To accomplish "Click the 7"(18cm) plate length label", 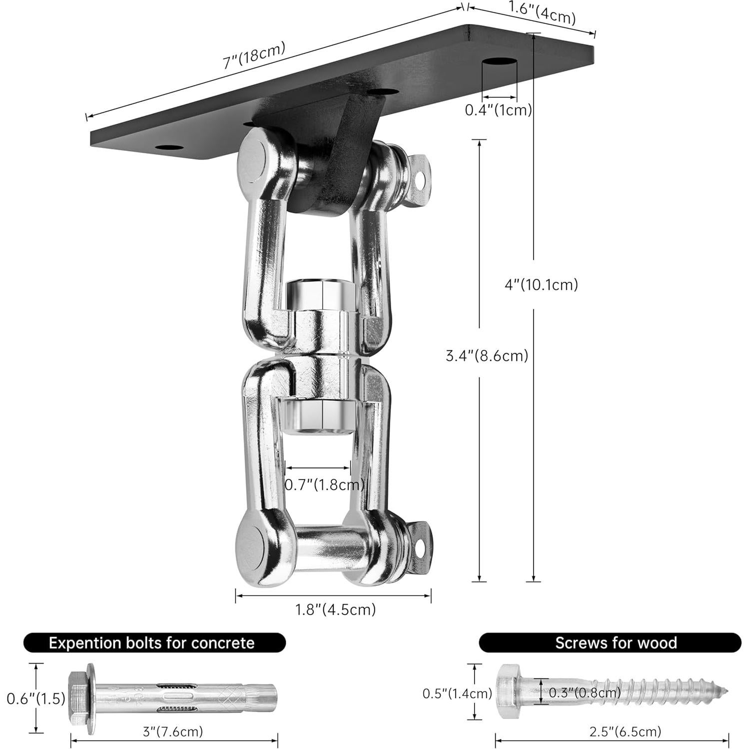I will (254, 55).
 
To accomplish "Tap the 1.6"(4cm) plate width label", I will (542, 13).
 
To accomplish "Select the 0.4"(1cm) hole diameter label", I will (498, 110).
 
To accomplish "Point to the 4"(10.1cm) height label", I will (541, 285).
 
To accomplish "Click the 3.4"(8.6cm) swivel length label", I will (487, 356).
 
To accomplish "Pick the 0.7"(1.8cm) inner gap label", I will (324, 484).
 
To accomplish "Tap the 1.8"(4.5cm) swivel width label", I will (335, 610).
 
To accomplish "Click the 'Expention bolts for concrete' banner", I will (154, 643).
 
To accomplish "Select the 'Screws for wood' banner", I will (610, 643).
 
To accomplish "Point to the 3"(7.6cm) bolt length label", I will (173, 732).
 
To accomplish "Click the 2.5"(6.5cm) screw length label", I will (625, 732).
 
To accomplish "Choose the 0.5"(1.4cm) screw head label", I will (457, 693).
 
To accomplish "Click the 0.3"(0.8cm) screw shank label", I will (585, 693).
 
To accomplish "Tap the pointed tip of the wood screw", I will (726, 692).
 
